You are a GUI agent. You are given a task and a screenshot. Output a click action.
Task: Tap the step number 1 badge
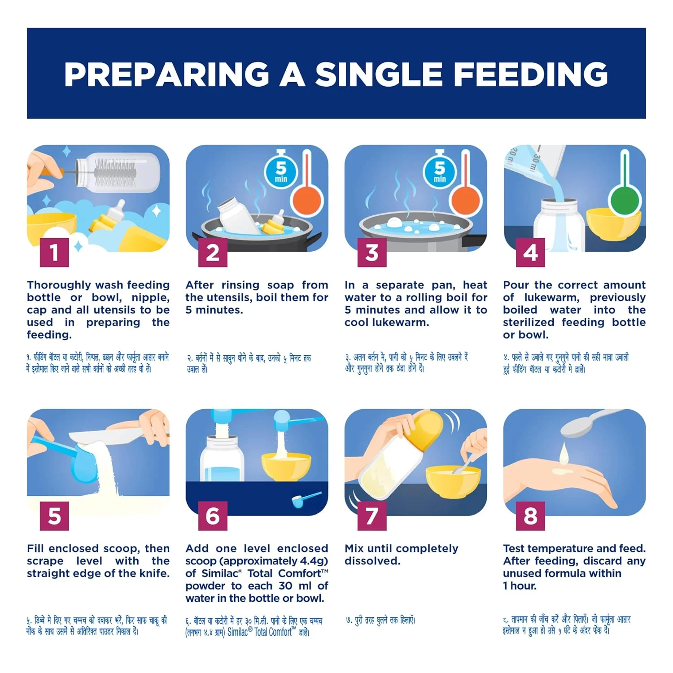[54, 252]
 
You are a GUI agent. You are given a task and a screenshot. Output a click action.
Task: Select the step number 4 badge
[530, 252]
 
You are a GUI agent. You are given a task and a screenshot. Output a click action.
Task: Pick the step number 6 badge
[213, 516]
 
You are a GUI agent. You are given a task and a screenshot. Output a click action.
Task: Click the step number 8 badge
[530, 516]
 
